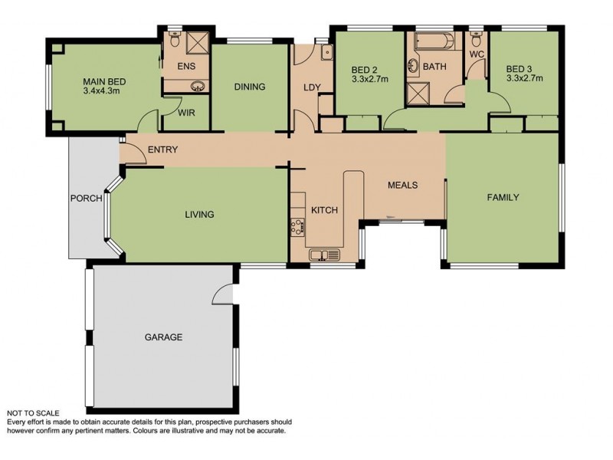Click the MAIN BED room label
point(104,82)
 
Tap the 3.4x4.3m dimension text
point(101,91)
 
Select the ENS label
point(186,66)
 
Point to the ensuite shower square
point(198,41)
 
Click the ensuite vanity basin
point(198,86)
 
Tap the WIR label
point(186,113)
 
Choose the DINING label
point(250,87)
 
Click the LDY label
point(312,87)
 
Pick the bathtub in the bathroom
point(434,41)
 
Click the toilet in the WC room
point(476,38)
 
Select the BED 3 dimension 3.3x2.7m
point(525,78)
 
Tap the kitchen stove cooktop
point(297,227)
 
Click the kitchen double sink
point(324,255)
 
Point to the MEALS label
point(403,185)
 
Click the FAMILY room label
point(503,198)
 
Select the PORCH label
point(87,199)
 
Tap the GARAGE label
point(163,337)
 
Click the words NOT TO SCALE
point(33,413)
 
